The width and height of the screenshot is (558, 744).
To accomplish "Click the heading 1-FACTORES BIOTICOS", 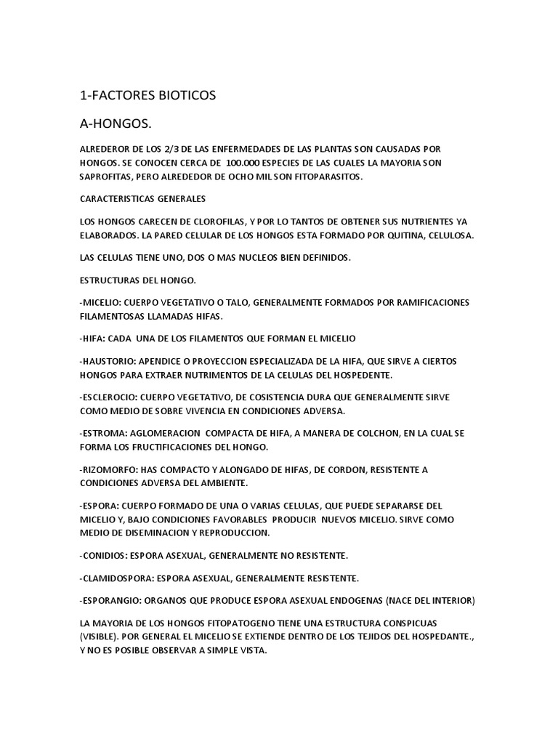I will click(147, 95).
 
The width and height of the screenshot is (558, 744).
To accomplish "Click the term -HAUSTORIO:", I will click(111, 361).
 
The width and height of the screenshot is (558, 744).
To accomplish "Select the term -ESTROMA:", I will click(106, 433).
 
